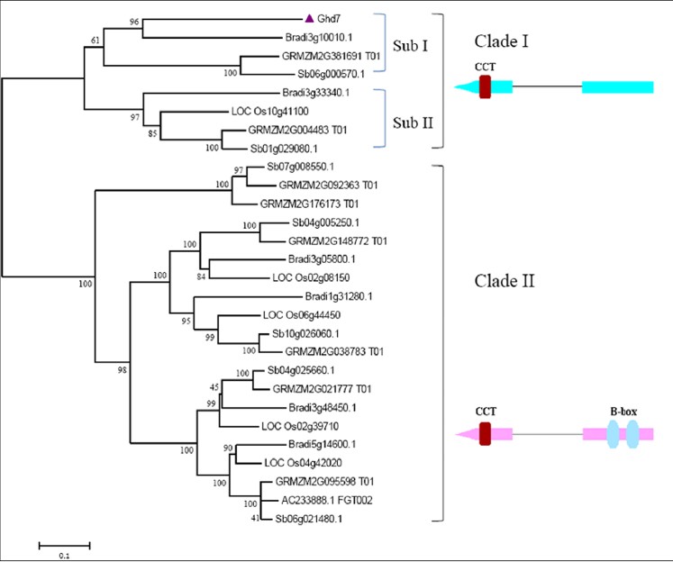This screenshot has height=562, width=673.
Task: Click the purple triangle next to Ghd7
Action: [309, 18]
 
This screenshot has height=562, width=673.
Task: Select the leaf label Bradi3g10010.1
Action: [319, 38]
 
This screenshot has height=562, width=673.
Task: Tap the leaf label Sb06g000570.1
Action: [332, 74]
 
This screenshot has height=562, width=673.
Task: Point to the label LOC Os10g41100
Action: [270, 112]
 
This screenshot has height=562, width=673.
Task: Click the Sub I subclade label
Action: [410, 45]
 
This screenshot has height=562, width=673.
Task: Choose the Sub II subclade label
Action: [413, 122]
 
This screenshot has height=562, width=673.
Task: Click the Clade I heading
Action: [501, 41]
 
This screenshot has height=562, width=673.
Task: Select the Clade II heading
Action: [505, 281]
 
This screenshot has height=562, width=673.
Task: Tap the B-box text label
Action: [623, 412]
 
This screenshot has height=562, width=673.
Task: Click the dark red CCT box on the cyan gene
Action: [485, 87]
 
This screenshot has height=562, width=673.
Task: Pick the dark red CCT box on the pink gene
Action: [485, 434]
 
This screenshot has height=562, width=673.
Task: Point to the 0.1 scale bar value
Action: [64, 556]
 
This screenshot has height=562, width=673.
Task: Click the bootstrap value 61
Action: [95, 41]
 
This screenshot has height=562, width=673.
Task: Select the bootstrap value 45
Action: [214, 387]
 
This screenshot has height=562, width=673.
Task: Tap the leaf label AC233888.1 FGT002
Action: [327, 500]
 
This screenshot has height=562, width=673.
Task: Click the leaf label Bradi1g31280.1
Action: [339, 296]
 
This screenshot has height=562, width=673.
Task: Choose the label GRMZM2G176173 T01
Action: [309, 204]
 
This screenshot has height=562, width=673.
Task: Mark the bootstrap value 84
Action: [201, 276]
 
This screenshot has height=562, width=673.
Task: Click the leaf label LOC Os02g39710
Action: [300, 426]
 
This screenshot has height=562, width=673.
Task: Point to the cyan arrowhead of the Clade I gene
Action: [466, 87]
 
